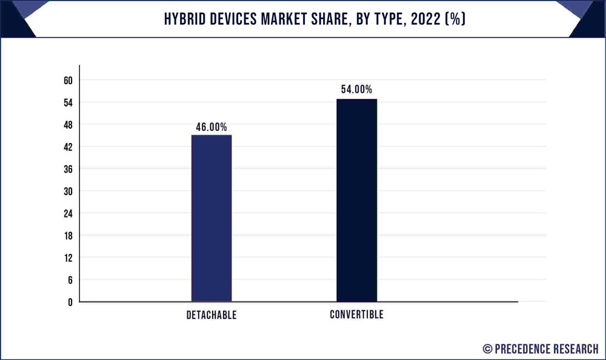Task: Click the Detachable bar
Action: (x=211, y=218)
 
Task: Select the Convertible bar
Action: (x=356, y=200)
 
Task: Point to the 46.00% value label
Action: (x=211, y=127)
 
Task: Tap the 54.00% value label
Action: (x=356, y=90)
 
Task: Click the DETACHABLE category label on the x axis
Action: (x=211, y=315)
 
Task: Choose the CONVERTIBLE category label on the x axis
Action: (x=356, y=315)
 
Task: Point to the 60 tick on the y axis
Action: (x=68, y=81)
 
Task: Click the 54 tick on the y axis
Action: (x=68, y=102)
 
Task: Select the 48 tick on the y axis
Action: (x=68, y=125)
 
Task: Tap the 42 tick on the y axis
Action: (x=68, y=147)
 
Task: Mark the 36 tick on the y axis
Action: (x=68, y=169)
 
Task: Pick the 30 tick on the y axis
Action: (x=68, y=191)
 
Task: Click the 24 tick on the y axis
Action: (x=68, y=213)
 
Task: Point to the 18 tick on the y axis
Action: (x=68, y=235)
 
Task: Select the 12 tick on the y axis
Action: (x=68, y=258)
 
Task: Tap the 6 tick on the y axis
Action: (x=70, y=279)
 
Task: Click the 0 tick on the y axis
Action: (x=70, y=302)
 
